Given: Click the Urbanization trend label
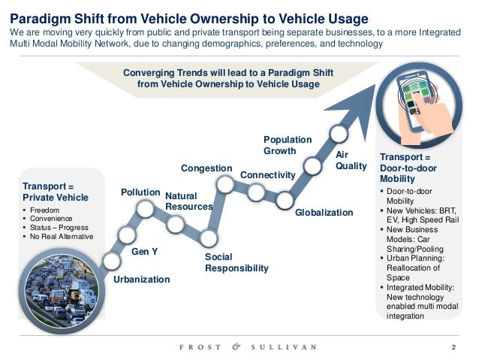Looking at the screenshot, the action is (141, 280).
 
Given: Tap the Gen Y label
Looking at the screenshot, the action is (144, 252).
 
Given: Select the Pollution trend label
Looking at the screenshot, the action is (141, 193).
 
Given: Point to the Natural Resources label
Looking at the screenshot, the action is (188, 201).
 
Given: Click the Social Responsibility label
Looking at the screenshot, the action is (236, 262).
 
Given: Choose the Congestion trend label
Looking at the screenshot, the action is (206, 167).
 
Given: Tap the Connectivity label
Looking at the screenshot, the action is (268, 175).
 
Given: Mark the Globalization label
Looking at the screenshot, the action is (324, 213).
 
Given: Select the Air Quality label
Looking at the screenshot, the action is (350, 160).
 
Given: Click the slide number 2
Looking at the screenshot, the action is (453, 347).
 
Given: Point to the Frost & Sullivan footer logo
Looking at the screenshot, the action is (248, 346).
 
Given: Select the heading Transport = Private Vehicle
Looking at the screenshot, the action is (56, 191).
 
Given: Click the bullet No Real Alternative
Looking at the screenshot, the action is (61, 237).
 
